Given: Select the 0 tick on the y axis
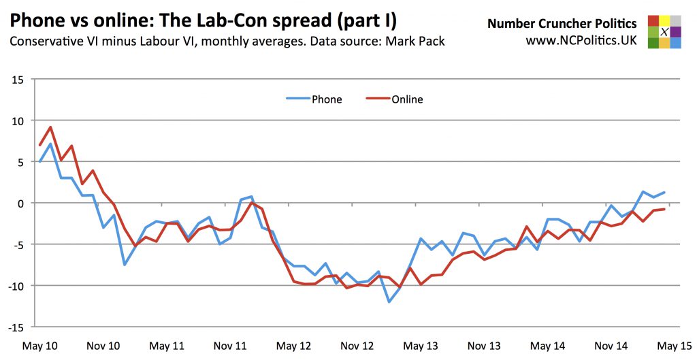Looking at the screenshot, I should pos(21,203).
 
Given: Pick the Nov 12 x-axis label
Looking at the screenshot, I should pos(358,346).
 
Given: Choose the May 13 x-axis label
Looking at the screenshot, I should pos(421,346).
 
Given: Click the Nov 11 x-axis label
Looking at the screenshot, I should pos(230,346).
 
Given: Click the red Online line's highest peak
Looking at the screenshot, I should pos(51,127).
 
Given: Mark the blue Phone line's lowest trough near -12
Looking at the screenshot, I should pos(389,301).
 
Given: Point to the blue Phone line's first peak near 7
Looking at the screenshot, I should pos(51,144).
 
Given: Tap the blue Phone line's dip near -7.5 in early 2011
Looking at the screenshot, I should pos(125,265).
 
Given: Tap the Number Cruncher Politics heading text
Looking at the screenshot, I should pos(562,24).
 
